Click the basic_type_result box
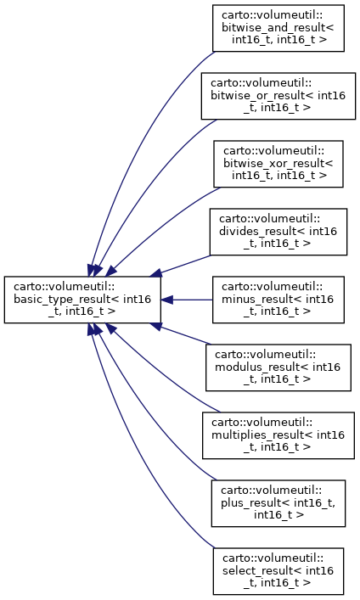82,300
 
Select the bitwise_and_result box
278,28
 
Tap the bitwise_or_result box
278,96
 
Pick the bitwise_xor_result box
278,164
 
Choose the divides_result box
278,232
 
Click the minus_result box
278,300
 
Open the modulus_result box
278,367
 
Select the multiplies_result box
278,435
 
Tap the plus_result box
278,503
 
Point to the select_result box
278,571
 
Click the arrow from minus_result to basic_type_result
187,300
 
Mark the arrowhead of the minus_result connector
166,300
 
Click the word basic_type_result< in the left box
63,300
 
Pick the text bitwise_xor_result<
278,164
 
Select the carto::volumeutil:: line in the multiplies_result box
262,423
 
